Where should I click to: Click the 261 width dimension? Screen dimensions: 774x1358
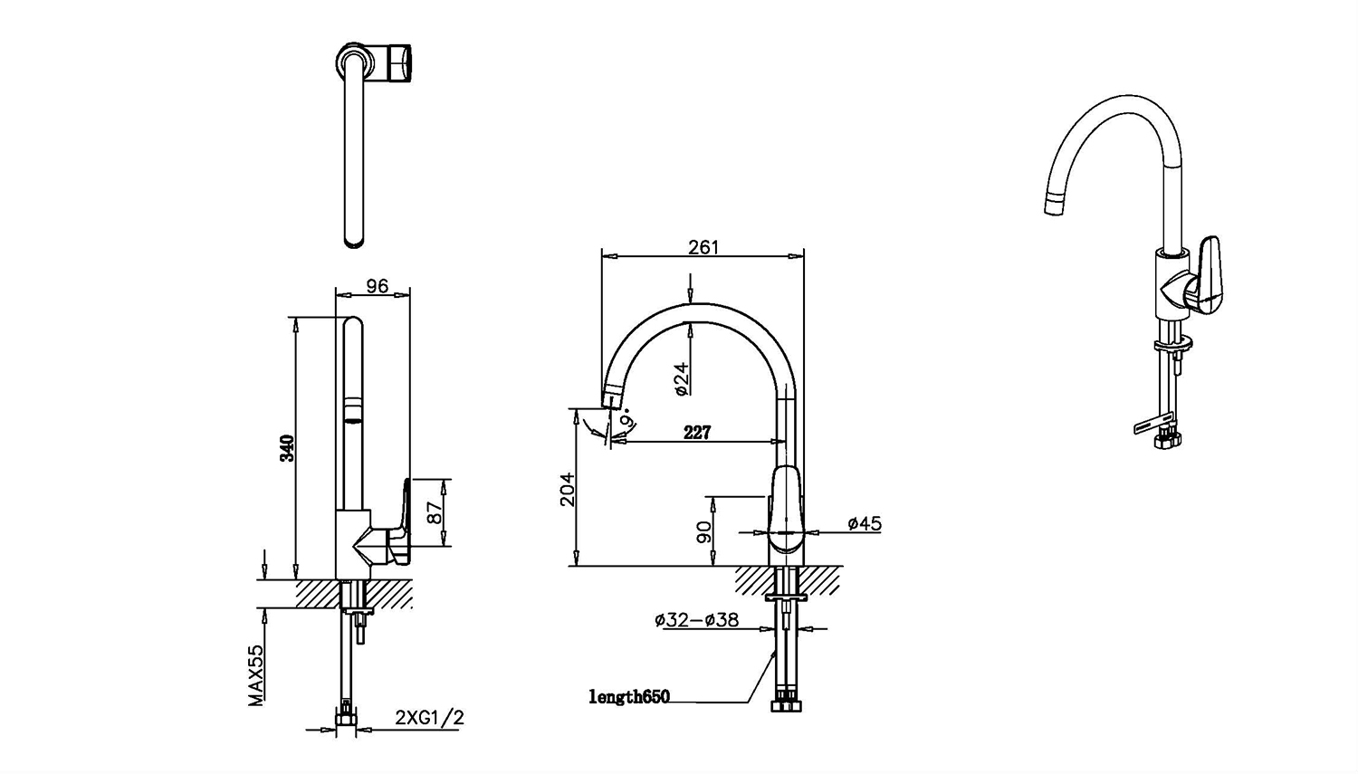[703, 247]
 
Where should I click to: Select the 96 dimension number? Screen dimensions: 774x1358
[377, 286]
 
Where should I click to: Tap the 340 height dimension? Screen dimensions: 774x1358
[287, 448]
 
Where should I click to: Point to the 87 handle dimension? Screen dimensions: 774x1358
[435, 513]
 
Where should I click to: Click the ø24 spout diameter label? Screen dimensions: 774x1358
[682, 378]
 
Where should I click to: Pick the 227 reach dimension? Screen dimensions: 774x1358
[697, 433]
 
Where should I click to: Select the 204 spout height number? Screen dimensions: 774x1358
[567, 489]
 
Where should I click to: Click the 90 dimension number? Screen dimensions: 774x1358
[704, 531]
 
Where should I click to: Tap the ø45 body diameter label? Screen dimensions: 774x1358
[865, 523]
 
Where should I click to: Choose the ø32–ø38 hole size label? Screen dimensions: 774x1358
[696, 620]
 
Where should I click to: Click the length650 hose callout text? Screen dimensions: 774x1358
[629, 697]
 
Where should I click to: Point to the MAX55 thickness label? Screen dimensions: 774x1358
[257, 675]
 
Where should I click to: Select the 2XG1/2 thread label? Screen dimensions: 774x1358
[430, 718]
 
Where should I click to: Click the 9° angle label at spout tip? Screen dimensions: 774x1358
[626, 420]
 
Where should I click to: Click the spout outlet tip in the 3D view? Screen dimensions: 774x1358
[1056, 205]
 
